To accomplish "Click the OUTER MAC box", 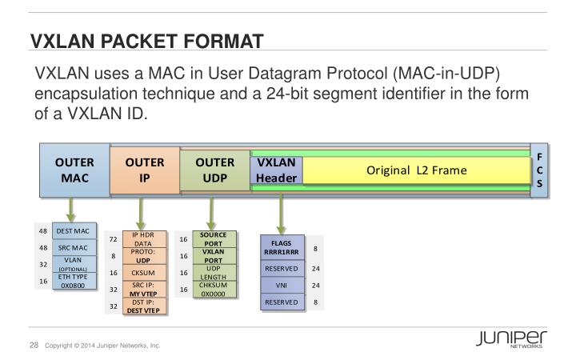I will point(74,170).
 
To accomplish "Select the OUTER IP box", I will point(145,170).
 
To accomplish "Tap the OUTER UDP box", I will point(214,170).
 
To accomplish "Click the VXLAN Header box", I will point(276,170).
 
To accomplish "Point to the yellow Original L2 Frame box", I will point(416,170).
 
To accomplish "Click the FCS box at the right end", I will point(539,170).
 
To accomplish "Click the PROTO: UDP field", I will point(143,256).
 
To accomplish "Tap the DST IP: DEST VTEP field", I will point(143,306).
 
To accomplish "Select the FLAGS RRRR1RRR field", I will point(281,248).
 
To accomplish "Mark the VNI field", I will point(281,285).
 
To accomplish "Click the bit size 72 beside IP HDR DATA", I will point(113,239).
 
